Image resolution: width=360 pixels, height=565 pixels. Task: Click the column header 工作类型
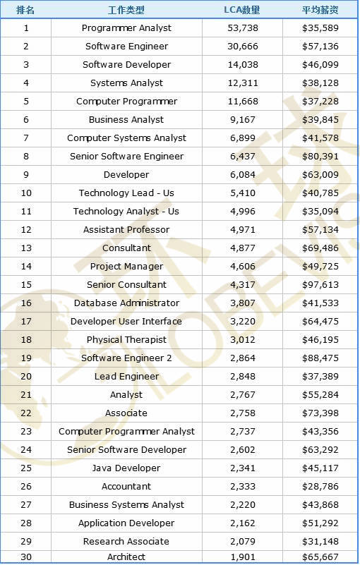coord(126,10)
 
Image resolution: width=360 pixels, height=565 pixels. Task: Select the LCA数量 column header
coord(242,10)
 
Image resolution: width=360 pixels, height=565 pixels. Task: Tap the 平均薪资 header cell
coord(320,10)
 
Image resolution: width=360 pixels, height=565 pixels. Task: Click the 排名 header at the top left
coord(25,10)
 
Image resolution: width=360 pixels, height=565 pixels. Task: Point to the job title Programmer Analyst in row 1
coord(126,28)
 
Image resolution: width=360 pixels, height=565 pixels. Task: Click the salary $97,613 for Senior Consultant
coord(320,285)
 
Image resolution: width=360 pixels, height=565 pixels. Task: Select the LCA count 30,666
coord(243,47)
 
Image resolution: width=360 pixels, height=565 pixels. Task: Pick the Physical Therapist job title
coord(126,340)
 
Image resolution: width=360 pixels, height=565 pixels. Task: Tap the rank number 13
coord(26,248)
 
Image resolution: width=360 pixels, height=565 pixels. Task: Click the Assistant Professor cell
coord(126,229)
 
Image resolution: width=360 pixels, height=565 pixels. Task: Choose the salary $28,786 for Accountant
coord(320,487)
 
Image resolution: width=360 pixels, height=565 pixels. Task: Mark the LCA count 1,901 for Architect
coord(243,557)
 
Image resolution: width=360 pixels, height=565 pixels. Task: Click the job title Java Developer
coord(126,468)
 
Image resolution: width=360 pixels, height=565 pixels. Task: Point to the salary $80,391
coord(320,157)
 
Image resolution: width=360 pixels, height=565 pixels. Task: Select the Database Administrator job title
coord(126,303)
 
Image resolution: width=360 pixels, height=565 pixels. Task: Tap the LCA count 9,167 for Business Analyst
coord(243,120)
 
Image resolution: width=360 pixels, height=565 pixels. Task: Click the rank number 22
coord(26,413)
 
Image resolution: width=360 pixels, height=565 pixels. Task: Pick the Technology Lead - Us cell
coord(126,193)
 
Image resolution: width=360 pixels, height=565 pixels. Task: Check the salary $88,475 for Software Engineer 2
coord(320,358)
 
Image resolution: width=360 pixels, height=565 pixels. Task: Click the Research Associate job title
coord(126,541)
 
